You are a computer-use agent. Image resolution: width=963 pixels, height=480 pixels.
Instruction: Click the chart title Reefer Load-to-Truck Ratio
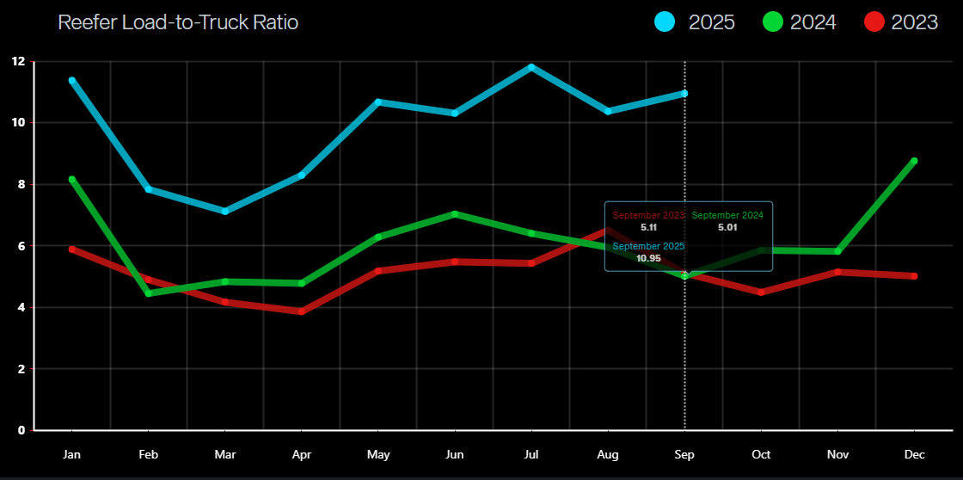[178, 22]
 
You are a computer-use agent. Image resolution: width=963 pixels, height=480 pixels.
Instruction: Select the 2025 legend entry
[694, 22]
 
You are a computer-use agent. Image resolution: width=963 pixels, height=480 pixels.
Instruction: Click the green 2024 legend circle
[773, 22]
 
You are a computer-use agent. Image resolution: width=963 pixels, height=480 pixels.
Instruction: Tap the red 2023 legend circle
[874, 22]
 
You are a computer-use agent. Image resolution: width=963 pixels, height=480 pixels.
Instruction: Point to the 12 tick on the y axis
[18, 61]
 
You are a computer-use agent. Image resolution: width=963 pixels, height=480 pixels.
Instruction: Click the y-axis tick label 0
[21, 430]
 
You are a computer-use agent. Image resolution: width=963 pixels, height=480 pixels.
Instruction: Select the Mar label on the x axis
[225, 454]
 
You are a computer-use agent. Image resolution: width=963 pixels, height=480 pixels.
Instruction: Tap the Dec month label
[914, 454]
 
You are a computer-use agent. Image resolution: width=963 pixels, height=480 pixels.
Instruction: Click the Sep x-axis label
[684, 454]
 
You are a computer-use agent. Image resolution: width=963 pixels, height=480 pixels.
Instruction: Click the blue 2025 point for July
[531, 67]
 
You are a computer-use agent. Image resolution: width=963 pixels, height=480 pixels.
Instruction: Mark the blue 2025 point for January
[72, 81]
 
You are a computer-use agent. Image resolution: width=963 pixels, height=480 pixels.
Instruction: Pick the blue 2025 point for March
[225, 211]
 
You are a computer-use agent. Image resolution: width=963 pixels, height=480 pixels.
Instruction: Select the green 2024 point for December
[914, 161]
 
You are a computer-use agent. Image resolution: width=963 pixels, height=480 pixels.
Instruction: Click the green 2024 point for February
[149, 293]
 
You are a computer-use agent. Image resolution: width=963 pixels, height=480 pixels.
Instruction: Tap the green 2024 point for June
[455, 214]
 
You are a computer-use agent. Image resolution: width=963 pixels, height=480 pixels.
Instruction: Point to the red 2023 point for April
[302, 311]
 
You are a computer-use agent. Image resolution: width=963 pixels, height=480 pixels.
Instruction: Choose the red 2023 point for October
[761, 292]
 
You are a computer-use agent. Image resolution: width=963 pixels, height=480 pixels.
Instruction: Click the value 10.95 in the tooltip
[648, 257]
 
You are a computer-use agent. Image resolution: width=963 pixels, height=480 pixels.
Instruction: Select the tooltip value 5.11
[648, 227]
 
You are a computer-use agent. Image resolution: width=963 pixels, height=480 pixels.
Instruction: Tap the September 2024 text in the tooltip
[727, 215]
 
